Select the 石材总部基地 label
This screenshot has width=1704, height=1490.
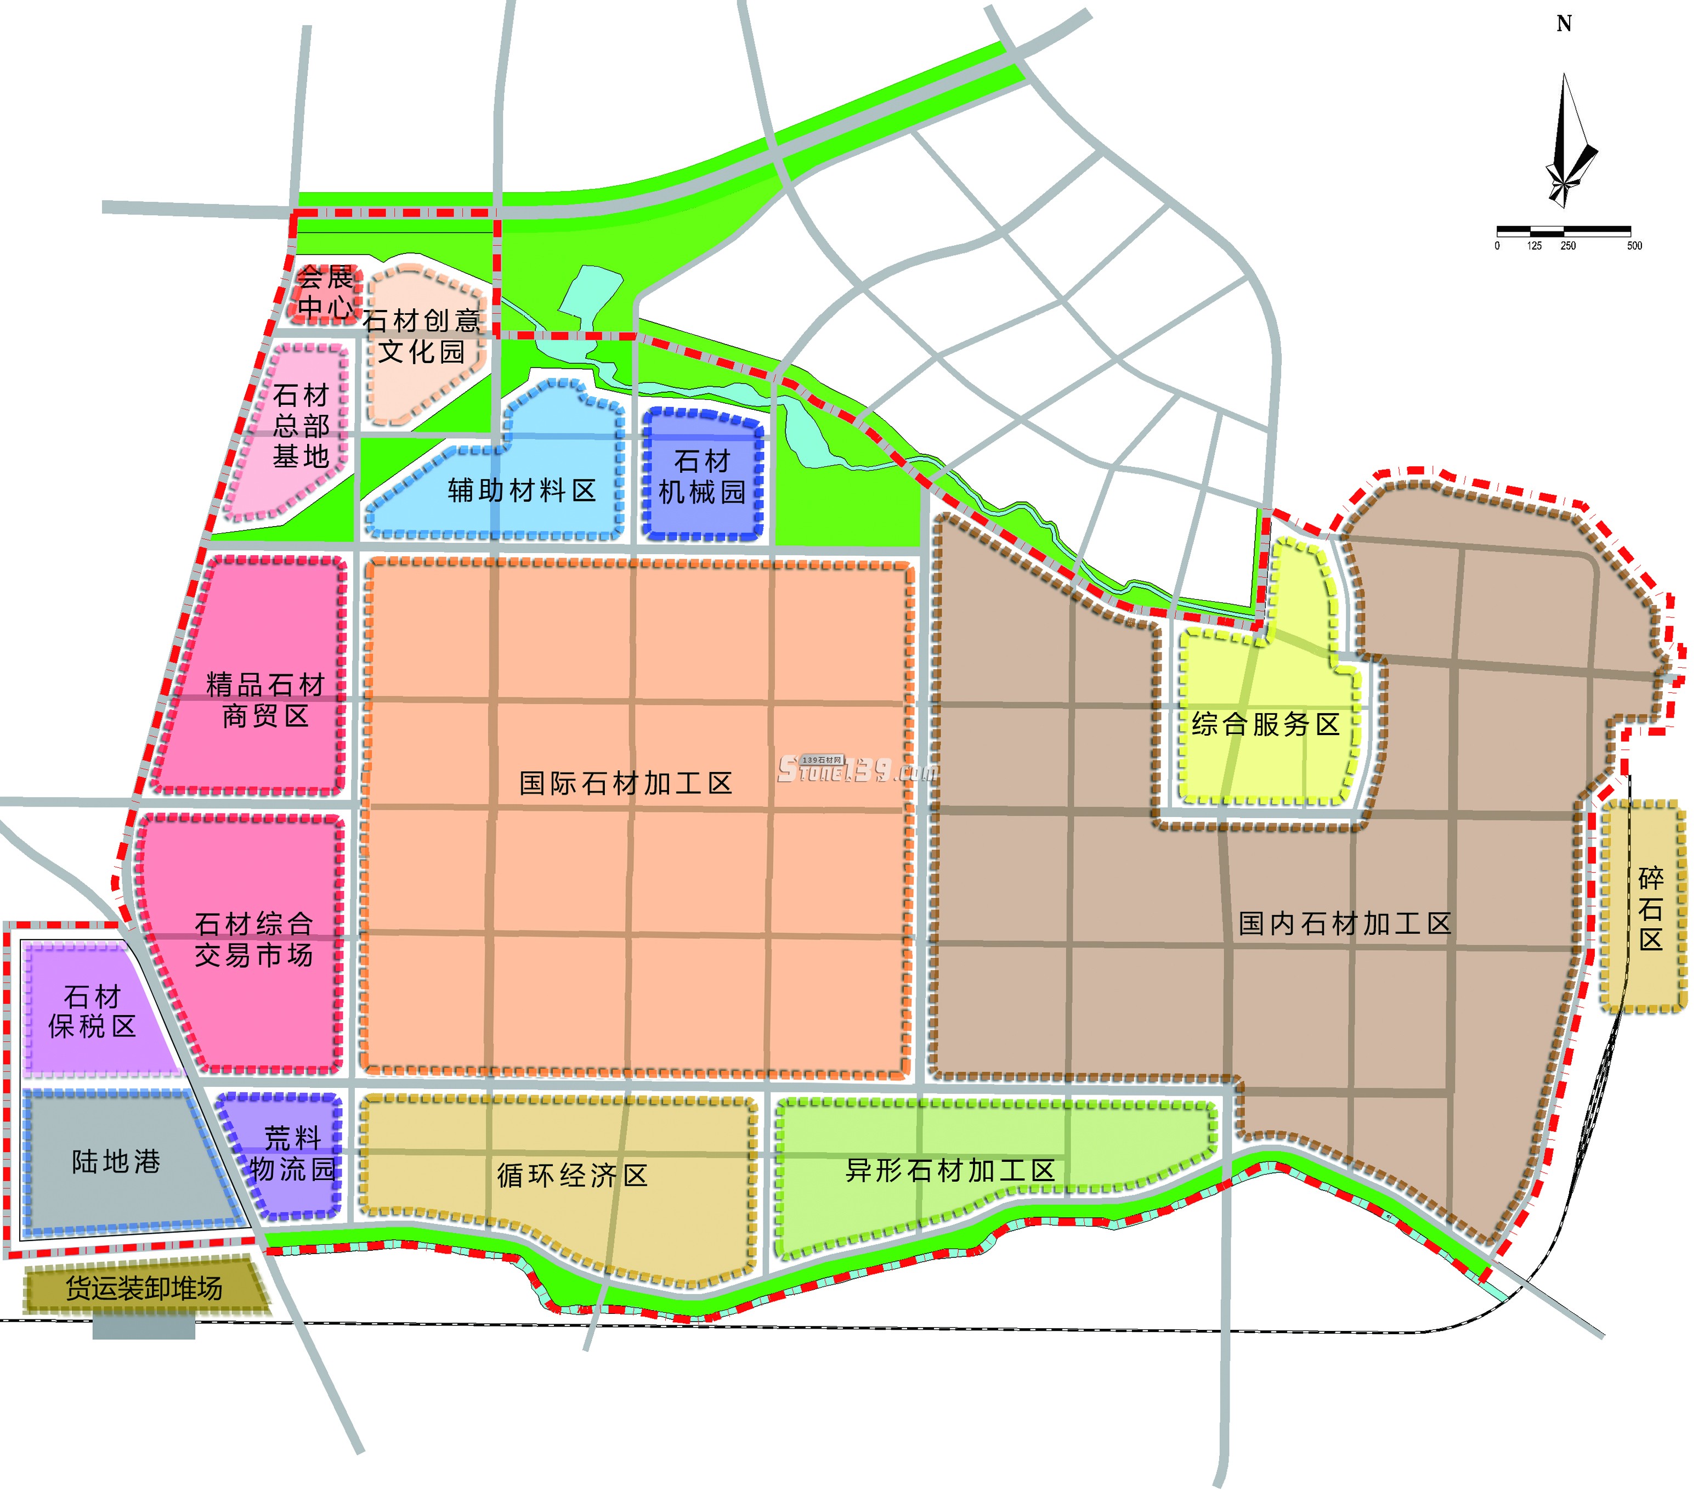[x=301, y=426]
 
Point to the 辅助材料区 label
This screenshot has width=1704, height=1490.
[x=522, y=490]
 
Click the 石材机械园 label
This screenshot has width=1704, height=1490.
[x=703, y=476]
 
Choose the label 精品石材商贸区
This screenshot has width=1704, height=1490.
[x=265, y=700]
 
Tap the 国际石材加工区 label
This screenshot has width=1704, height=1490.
[x=625, y=783]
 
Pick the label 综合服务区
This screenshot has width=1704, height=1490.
[x=1265, y=724]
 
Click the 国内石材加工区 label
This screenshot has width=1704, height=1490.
[x=1344, y=924]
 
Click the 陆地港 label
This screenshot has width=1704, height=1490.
[x=116, y=1161]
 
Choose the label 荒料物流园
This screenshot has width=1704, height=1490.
[x=292, y=1154]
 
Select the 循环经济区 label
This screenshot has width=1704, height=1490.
[x=572, y=1176]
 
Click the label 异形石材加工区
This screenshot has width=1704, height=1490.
[x=949, y=1171]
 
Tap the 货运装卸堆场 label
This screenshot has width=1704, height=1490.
[x=145, y=1289]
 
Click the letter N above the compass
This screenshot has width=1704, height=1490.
[x=1564, y=24]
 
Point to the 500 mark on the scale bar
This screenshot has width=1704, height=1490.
[x=1634, y=246]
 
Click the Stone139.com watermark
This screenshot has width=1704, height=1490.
[x=856, y=770]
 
